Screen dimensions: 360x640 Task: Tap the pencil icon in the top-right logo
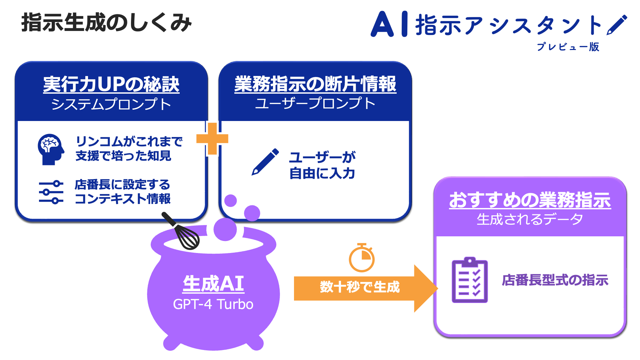[x=617, y=25]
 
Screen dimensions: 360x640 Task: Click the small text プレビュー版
[x=568, y=47]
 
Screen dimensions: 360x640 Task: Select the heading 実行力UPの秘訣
[x=111, y=84]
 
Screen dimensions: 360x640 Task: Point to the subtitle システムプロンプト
[x=111, y=104]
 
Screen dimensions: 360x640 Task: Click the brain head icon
[x=50, y=149]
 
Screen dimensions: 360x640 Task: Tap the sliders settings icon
[x=51, y=192]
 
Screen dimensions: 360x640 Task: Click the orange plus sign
[x=212, y=139]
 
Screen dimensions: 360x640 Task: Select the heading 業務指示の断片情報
[x=315, y=84]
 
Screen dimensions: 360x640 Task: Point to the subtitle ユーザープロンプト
[x=315, y=103]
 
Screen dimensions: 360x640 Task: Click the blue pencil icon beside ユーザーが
[x=265, y=162]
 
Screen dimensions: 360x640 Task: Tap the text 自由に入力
[x=322, y=173]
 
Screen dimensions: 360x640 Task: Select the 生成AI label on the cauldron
[x=213, y=284]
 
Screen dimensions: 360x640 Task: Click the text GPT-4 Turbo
[x=213, y=304]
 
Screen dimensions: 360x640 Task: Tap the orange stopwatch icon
[x=362, y=258]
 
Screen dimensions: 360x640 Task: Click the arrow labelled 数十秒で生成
[x=360, y=287]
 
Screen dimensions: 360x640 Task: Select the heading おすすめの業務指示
[x=530, y=200]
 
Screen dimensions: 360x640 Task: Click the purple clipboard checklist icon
[x=470, y=280]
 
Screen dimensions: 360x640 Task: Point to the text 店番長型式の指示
[x=555, y=280]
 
